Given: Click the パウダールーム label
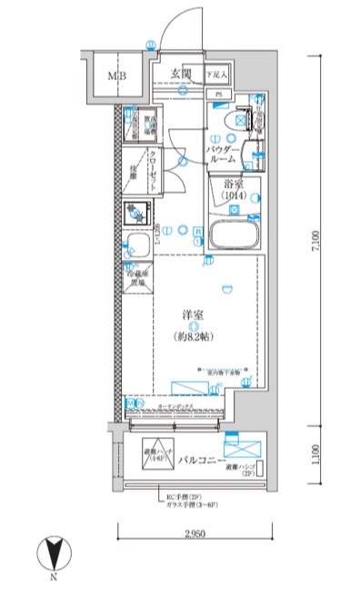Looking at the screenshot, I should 222,153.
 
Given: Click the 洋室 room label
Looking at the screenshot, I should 192,314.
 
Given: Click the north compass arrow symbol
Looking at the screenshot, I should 55,554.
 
